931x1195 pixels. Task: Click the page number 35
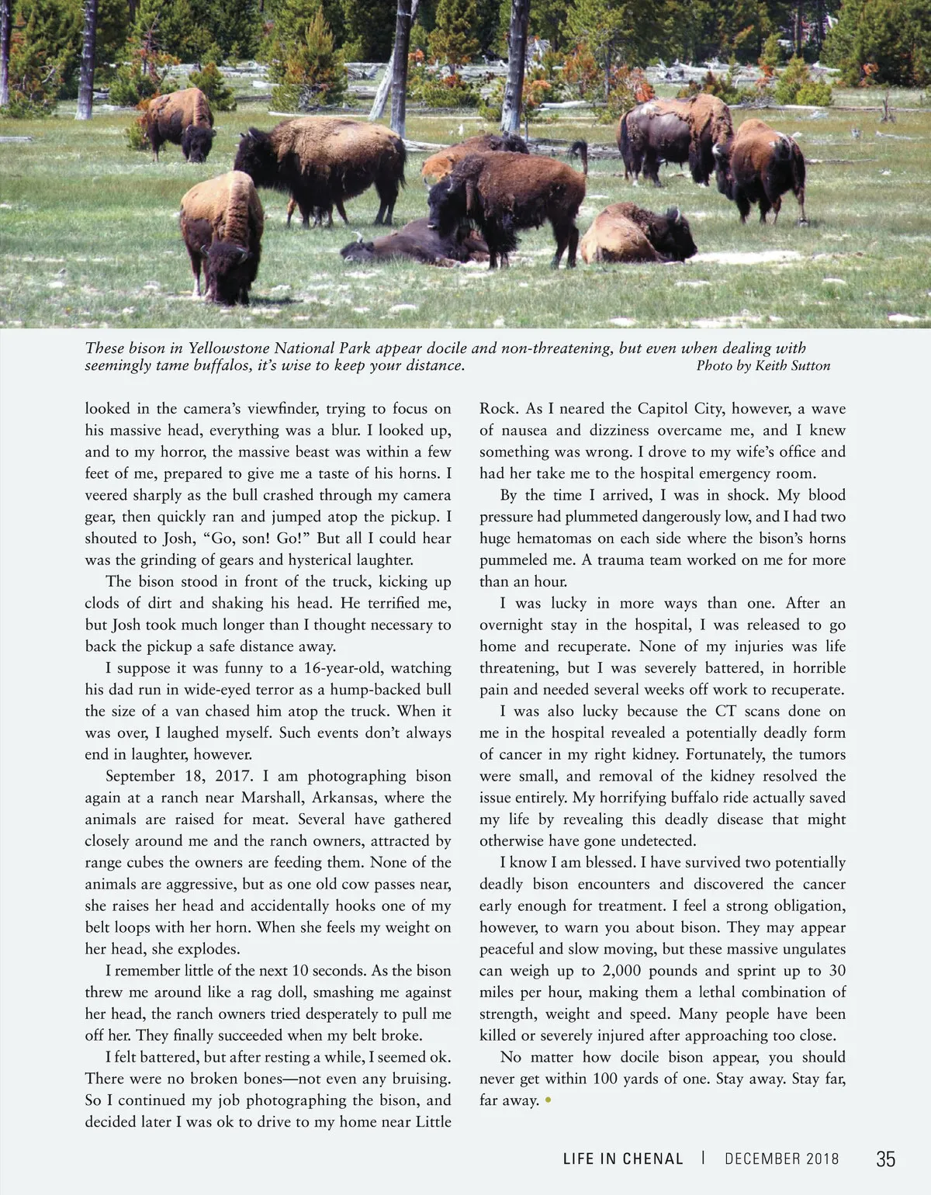(x=885, y=1159)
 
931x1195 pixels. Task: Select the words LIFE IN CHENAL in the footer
(x=623, y=1159)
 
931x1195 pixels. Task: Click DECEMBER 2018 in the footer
(x=782, y=1159)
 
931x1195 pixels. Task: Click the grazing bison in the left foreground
(x=223, y=237)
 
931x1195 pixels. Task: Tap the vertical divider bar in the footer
(x=703, y=1159)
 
